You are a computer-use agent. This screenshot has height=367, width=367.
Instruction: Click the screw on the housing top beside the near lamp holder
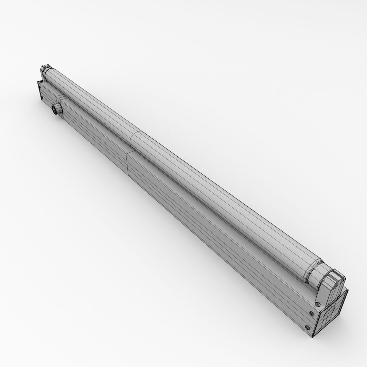point(318,295)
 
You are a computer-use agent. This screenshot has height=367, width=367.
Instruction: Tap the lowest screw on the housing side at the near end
point(308,328)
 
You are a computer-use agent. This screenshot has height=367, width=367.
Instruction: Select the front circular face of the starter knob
point(54,109)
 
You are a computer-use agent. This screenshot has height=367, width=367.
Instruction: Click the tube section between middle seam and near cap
point(221,204)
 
